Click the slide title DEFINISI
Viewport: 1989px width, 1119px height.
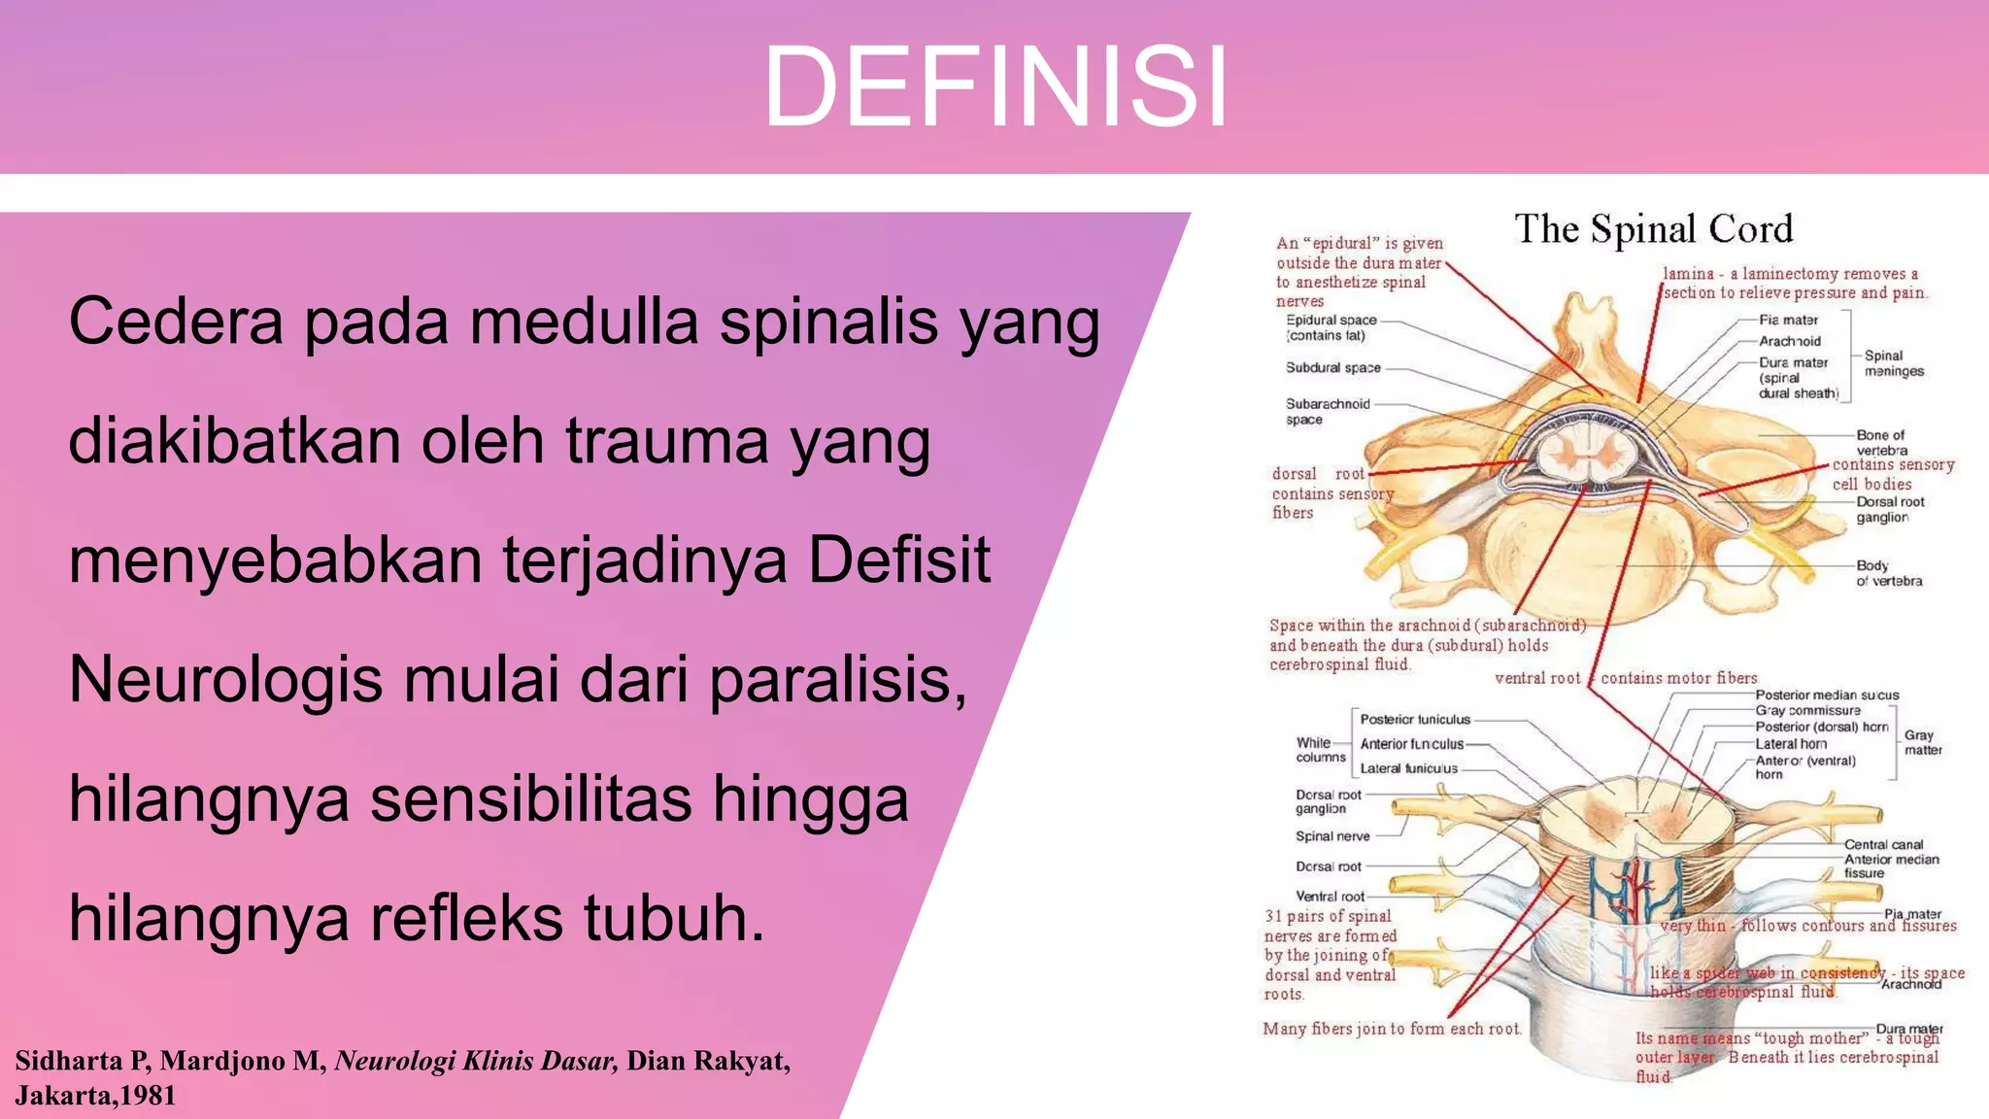(995, 87)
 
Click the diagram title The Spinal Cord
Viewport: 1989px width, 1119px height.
(1653, 229)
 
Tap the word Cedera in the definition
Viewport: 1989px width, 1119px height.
(176, 322)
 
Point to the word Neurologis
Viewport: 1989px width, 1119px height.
(225, 679)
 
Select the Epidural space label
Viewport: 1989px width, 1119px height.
(1331, 327)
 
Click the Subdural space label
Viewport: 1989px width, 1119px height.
(1332, 368)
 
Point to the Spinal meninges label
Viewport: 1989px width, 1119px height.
(1893, 363)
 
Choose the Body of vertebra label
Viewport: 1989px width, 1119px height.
(1888, 573)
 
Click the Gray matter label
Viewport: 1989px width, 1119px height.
(1922, 742)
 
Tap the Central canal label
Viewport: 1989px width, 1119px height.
(1883, 844)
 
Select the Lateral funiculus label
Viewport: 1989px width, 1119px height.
(1408, 768)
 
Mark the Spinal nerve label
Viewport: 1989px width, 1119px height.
(1332, 836)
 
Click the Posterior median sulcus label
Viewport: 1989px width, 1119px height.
(1826, 695)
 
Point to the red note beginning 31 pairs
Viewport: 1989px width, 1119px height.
(1330, 955)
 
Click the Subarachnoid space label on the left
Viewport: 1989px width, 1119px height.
(1327, 411)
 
